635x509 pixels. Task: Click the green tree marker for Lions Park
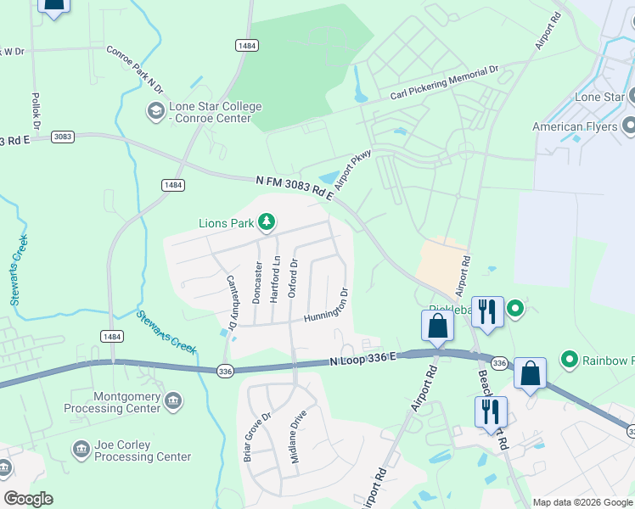(x=267, y=223)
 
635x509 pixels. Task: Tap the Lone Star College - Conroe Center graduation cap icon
(x=155, y=111)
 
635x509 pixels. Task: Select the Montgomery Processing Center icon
(x=172, y=400)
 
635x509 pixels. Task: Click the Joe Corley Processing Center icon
(x=81, y=449)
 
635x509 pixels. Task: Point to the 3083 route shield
(x=62, y=137)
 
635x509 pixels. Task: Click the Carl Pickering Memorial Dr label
(x=447, y=83)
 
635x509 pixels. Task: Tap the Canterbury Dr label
(x=230, y=301)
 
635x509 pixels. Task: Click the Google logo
(x=28, y=499)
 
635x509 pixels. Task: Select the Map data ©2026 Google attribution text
(x=582, y=502)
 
